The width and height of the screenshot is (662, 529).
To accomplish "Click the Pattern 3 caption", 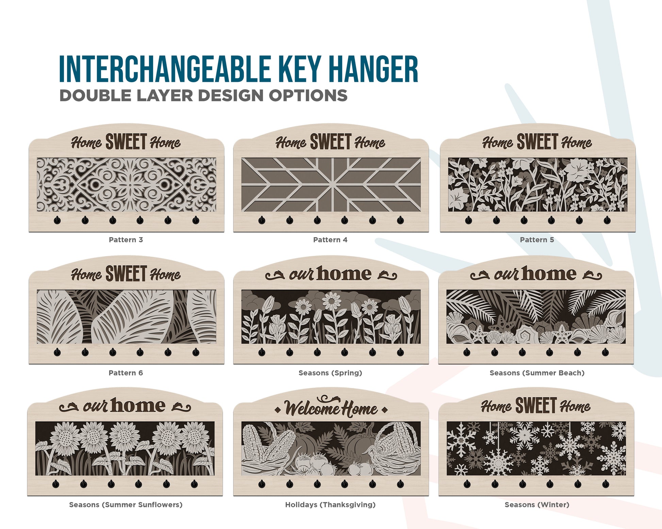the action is [126, 240].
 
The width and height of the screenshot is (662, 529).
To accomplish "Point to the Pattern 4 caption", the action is [330, 240].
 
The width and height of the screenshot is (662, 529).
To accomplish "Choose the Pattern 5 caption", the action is [537, 240].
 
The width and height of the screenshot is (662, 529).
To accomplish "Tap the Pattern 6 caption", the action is [126, 373].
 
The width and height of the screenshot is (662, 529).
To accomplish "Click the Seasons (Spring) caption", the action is [330, 373].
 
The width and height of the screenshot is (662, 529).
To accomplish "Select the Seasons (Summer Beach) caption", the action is [537, 373].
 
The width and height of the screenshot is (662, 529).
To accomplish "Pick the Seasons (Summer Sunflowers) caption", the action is [126, 505].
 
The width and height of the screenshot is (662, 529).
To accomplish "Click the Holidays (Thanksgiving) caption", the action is [330, 505].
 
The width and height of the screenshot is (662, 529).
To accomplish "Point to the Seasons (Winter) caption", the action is [537, 505].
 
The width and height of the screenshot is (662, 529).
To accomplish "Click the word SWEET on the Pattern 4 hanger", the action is [331, 142].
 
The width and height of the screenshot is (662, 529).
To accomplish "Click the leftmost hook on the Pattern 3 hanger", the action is [57, 221].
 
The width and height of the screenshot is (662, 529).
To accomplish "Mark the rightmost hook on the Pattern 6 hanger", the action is [196, 352].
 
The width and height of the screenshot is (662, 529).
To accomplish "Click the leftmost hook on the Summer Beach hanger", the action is [467, 352].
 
